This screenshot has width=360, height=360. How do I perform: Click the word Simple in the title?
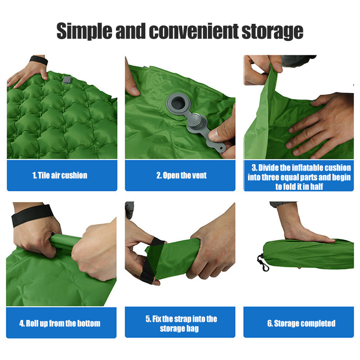point(84,31)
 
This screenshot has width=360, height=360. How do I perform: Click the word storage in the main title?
point(273,32)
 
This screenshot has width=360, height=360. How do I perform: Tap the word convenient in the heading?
point(194,31)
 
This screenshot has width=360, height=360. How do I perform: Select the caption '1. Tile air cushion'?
point(60,175)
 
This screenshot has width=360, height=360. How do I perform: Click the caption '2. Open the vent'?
point(181,175)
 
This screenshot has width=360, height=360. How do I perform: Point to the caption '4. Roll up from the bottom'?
point(60,323)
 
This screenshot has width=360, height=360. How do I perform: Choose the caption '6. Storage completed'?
point(301,323)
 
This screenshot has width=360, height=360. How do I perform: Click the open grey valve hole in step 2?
point(178,103)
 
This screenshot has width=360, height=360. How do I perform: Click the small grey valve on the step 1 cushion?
point(67,80)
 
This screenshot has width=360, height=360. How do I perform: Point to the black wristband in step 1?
point(39,60)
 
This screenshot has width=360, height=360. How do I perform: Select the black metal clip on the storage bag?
point(263,262)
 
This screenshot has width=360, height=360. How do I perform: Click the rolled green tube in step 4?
point(65,242)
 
